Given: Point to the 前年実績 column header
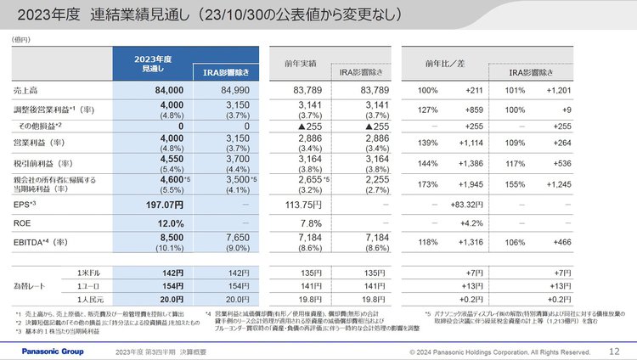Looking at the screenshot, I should click(301, 63).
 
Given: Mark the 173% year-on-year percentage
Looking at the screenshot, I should click(428, 184).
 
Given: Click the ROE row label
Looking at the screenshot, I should click(24, 222).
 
